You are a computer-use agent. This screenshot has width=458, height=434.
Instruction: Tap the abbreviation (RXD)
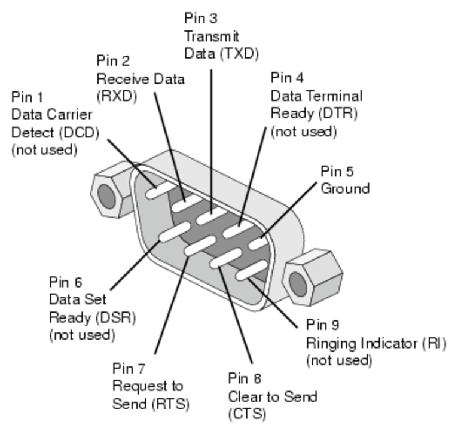click(112, 95)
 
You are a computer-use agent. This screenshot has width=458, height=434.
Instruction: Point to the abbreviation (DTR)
click(337, 112)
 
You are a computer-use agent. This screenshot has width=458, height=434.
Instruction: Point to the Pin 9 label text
click(322, 325)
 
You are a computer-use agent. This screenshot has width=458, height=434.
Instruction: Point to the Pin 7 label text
click(129, 368)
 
